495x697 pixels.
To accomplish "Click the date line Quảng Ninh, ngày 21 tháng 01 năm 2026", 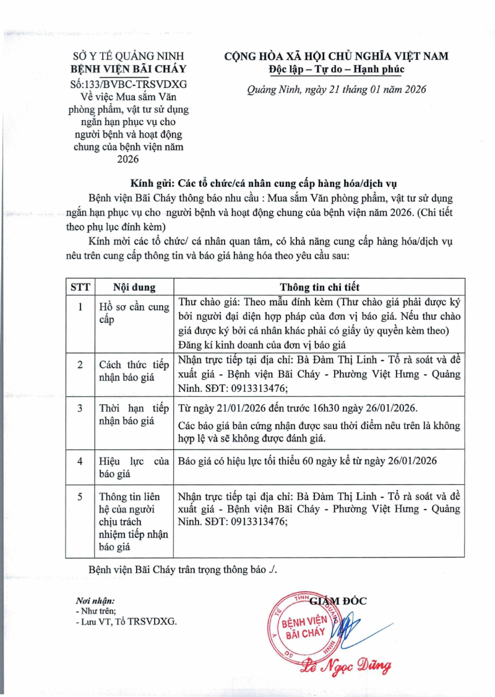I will pos(337,90).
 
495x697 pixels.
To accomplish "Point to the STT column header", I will pos(80,287).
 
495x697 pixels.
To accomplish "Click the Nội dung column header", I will pos(134,287).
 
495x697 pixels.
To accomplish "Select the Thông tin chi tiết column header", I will pos(319,287).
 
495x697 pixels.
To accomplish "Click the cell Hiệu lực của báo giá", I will pos(134,467).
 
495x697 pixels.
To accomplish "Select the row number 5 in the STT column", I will pos(80,496).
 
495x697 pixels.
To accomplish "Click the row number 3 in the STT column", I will pos(80,409).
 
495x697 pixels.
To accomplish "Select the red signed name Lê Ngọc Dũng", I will pos(345,667).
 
